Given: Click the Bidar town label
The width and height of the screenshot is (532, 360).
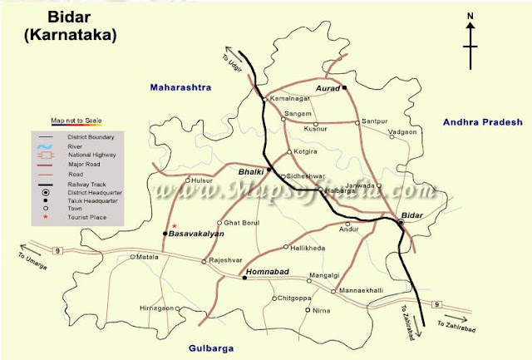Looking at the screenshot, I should click(x=412, y=215).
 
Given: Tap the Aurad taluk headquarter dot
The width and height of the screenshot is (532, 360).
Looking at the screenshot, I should click(x=345, y=86).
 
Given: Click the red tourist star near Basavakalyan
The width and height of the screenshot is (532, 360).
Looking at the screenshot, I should click(x=175, y=226).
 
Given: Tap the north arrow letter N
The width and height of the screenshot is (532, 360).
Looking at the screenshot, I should click(x=470, y=16).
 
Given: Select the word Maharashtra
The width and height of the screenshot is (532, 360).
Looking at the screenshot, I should click(x=181, y=87).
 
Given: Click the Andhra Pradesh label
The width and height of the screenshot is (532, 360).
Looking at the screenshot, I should click(x=482, y=122).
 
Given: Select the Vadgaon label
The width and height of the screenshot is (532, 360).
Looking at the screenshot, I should click(x=402, y=132).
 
